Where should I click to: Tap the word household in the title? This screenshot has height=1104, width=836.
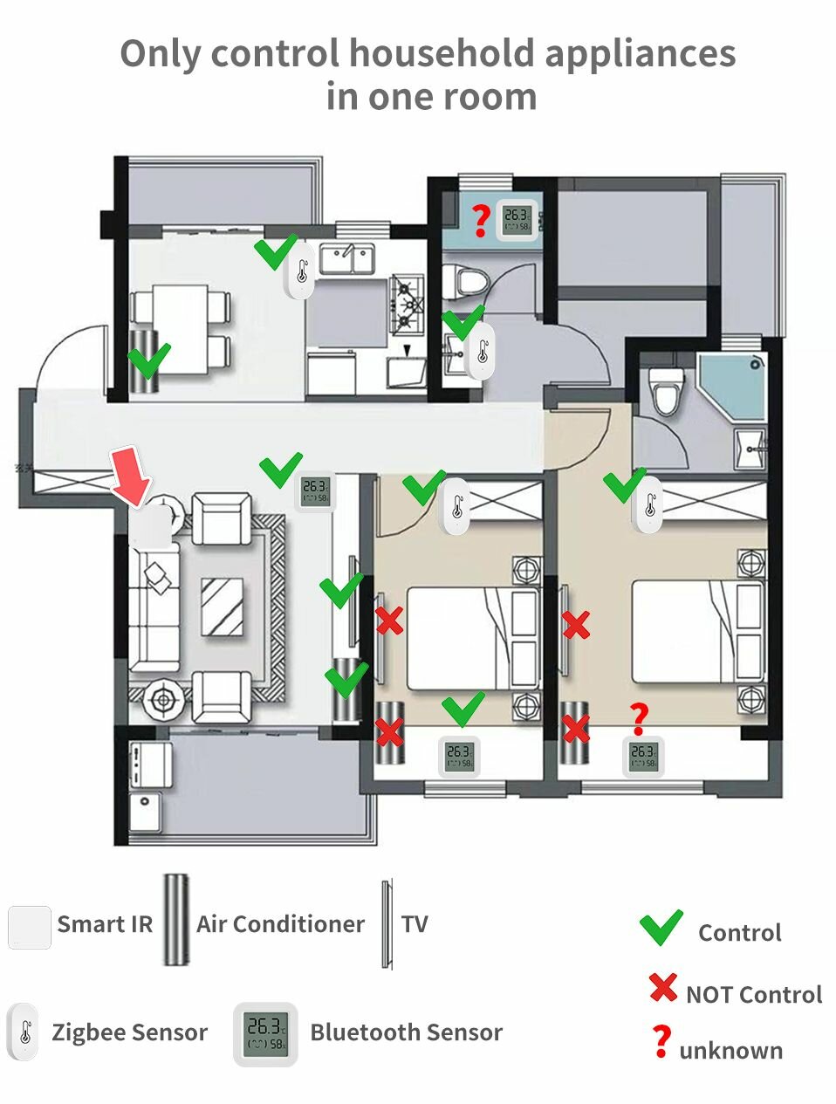point(442,54)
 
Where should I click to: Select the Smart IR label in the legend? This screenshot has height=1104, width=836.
point(105,924)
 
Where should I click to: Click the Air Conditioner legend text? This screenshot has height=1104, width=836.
point(280,924)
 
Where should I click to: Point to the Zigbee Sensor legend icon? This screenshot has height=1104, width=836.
point(23,1032)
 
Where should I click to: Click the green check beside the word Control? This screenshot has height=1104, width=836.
point(661,929)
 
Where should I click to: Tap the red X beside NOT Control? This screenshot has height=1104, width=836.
point(663,989)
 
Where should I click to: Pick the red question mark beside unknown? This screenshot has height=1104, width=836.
point(662,1042)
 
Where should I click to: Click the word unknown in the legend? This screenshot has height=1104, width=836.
point(730,1050)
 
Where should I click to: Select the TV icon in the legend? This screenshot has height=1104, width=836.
point(387,924)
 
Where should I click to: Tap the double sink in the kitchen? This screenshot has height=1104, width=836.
point(347,258)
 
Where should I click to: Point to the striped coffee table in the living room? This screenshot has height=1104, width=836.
point(223,607)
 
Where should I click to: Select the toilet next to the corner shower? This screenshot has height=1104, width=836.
point(668,392)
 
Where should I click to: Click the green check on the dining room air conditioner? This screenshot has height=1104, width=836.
point(149,359)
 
